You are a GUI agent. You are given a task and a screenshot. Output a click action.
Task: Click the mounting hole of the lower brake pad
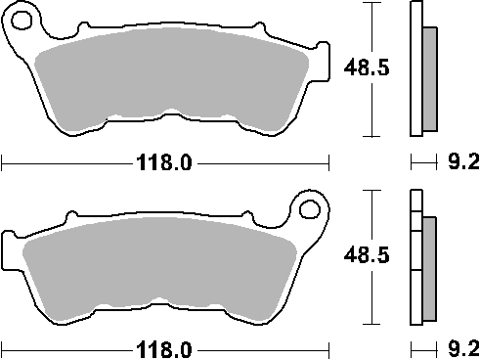point(311,208)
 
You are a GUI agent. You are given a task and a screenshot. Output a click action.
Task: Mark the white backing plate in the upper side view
point(415,68)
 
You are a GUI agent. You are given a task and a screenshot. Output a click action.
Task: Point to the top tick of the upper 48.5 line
point(370,3)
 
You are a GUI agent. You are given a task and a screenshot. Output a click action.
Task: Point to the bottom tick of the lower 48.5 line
point(370,324)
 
